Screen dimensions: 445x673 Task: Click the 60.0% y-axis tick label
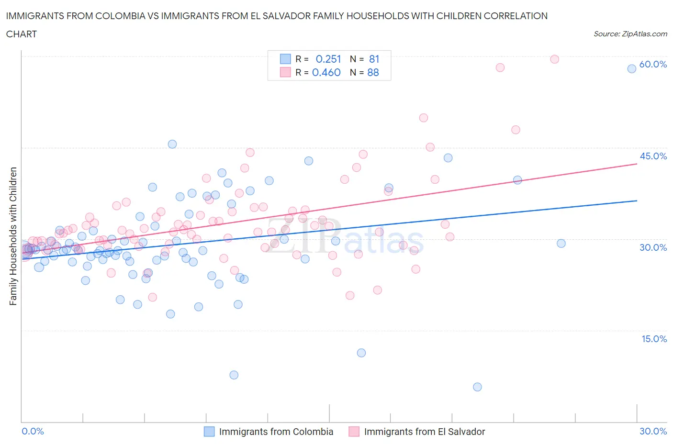(x=653, y=65)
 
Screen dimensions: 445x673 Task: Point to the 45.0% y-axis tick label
(x=653, y=156)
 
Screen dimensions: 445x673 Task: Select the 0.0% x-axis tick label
(x=33, y=432)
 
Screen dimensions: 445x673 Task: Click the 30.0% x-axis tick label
(x=653, y=432)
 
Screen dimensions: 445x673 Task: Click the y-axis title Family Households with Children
(x=13, y=236)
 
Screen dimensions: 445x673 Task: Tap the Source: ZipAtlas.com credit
(x=630, y=34)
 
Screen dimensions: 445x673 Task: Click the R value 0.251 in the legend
(x=328, y=59)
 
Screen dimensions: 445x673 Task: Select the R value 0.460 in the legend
(x=326, y=73)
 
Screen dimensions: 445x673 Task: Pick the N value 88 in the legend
(x=373, y=73)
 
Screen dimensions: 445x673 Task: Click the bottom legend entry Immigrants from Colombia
(x=276, y=432)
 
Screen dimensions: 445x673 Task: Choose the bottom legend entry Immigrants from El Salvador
(x=424, y=432)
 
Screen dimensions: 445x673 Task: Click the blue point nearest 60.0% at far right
(x=631, y=69)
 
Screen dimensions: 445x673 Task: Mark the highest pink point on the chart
(x=554, y=59)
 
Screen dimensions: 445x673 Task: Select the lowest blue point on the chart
(x=477, y=387)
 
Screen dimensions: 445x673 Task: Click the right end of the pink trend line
(x=637, y=164)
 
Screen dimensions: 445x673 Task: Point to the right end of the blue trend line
(x=637, y=201)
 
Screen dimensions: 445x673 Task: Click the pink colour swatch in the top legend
(x=285, y=73)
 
